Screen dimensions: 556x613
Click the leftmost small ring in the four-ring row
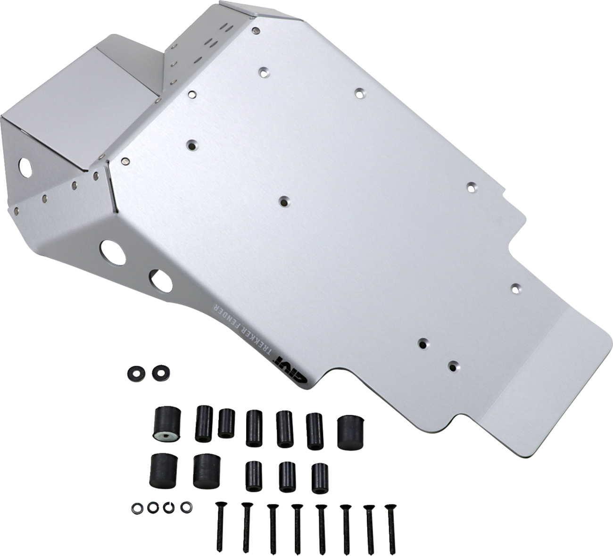pos(137,507)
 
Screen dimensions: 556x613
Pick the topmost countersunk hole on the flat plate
pos(263,72)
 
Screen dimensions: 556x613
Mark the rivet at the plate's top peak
pos(255,31)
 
